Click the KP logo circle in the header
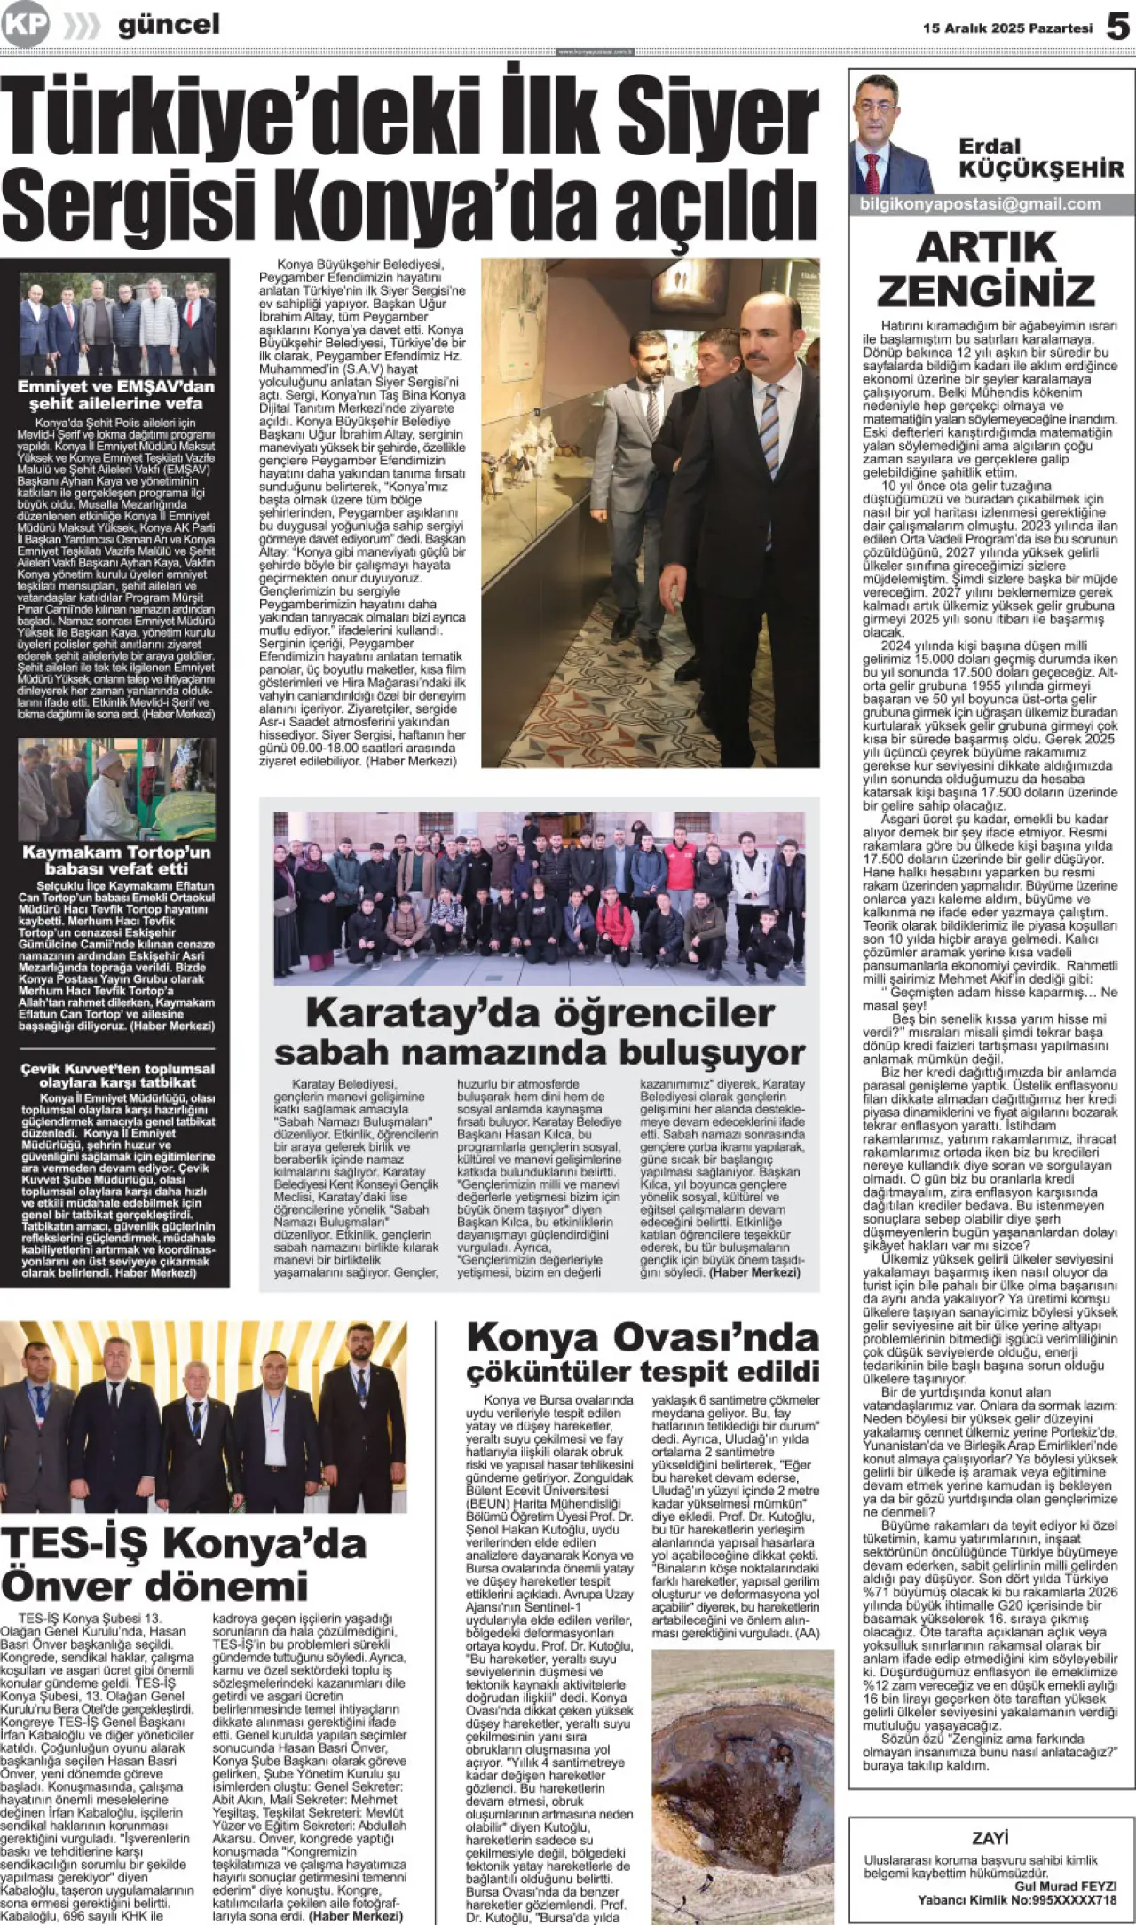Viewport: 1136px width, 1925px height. tap(25, 25)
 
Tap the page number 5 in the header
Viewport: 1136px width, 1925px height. tap(1117, 27)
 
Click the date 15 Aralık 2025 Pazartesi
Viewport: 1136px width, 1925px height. tap(1007, 28)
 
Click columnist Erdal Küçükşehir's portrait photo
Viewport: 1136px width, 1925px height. tap(892, 136)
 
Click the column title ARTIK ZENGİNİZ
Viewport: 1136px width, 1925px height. tap(986, 269)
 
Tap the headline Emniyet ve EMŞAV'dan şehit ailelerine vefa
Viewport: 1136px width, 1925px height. tap(116, 394)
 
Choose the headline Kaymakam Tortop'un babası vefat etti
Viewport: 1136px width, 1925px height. tap(116, 860)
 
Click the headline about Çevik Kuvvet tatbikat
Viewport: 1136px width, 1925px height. tap(117, 1075)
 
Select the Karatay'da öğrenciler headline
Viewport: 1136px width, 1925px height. tap(540, 1033)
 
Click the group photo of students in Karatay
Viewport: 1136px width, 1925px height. tap(539, 898)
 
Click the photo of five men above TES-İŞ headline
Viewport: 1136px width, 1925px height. tap(203, 1416)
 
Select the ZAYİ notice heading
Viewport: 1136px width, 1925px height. tap(990, 1838)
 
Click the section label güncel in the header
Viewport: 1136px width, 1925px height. tap(169, 25)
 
